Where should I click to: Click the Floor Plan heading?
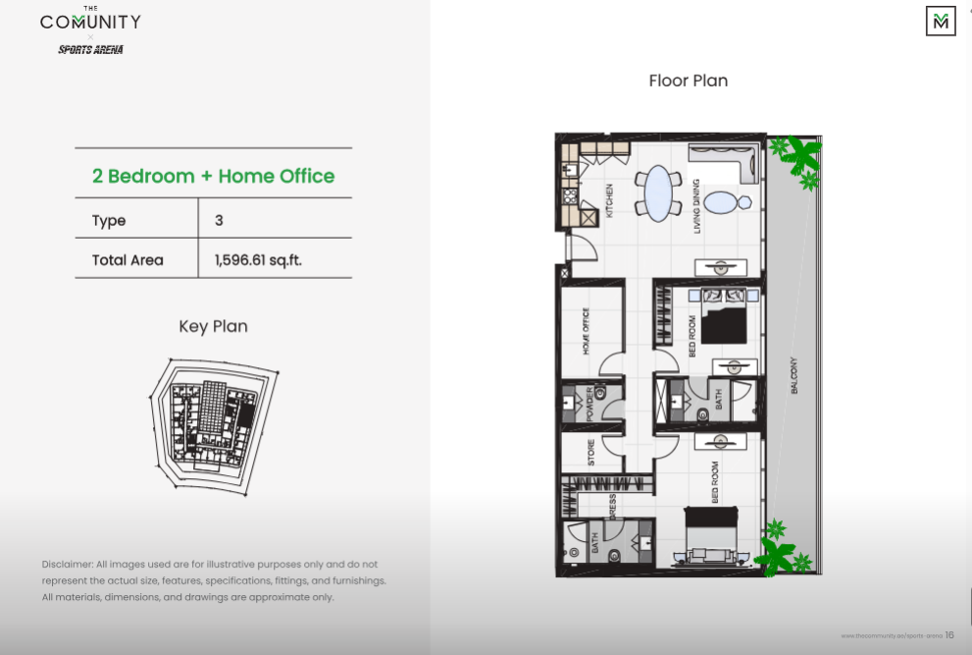688,81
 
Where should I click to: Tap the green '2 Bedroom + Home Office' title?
213,177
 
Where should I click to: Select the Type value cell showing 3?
219,220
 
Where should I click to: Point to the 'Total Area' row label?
128,260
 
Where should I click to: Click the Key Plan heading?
213,326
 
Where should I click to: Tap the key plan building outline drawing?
211,421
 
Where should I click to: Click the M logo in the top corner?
941,21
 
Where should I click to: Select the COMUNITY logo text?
90,22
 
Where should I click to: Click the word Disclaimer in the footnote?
67,565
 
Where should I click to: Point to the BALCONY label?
793,375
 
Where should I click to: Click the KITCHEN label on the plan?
609,200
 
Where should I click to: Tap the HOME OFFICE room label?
587,332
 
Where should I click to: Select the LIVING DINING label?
696,205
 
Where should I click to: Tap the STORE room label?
590,452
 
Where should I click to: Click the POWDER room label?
590,403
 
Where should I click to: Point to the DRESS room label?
612,509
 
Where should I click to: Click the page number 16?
949,635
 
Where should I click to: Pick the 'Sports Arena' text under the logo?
90,49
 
